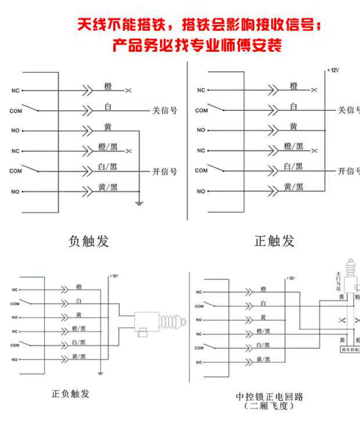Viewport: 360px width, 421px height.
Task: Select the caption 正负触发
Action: pos(70,394)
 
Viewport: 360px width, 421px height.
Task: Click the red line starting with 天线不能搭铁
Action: pos(198,25)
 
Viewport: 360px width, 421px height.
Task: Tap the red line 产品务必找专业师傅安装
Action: pos(197,45)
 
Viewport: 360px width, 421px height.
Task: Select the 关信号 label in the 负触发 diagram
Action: pos(164,110)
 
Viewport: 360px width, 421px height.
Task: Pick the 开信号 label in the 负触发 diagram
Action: pos(164,171)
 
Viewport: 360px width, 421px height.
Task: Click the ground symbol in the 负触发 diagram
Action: pos(139,202)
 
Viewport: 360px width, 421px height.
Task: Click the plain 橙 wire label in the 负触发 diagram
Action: pos(107,87)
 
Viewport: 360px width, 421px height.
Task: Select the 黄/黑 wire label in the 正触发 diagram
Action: pos(293,186)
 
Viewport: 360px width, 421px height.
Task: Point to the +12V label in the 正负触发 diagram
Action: pos(114,276)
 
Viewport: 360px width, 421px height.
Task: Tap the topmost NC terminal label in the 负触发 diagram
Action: pos(15,90)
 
